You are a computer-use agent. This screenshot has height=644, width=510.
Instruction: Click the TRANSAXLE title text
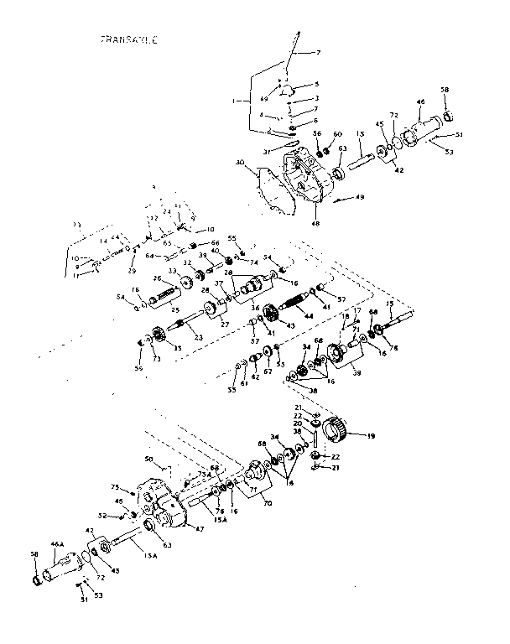click(x=129, y=39)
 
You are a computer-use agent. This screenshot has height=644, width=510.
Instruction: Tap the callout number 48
click(x=315, y=223)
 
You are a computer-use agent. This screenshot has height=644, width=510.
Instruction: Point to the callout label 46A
click(x=57, y=544)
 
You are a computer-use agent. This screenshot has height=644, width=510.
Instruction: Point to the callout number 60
click(x=338, y=134)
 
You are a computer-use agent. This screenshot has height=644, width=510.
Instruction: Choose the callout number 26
click(x=156, y=278)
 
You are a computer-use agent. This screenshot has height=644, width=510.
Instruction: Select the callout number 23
click(x=199, y=338)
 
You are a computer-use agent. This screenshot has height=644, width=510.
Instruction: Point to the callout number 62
click(x=256, y=377)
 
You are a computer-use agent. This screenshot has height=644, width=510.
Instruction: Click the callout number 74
click(x=231, y=262)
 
